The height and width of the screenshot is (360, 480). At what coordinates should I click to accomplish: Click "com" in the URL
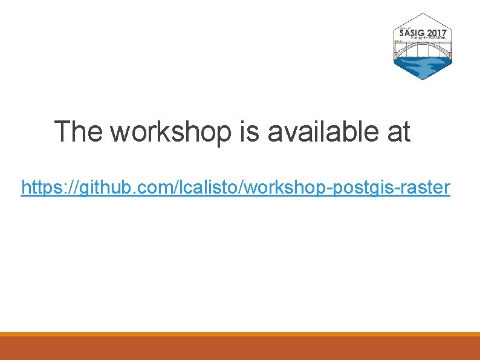coord(151,188)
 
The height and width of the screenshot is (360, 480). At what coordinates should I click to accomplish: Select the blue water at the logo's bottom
coord(423,67)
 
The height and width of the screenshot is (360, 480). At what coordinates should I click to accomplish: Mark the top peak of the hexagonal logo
coord(423,14)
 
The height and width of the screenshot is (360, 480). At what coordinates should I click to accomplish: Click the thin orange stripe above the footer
coord(240,334)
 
